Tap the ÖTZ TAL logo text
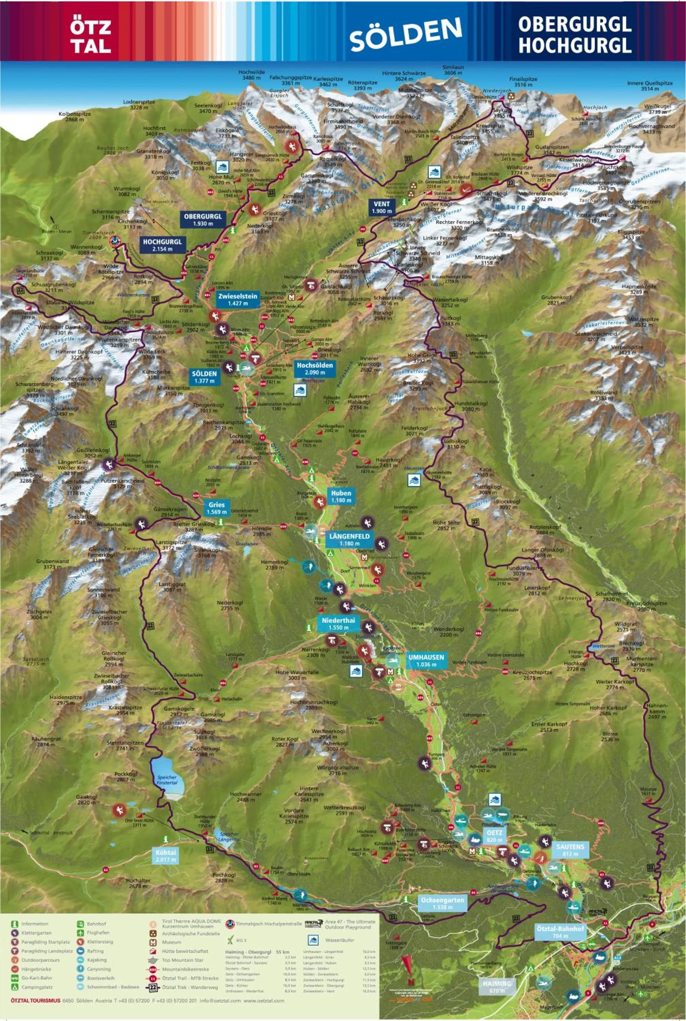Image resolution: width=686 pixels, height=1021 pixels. point(91,37)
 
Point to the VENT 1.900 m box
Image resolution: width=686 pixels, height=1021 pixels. point(381,207)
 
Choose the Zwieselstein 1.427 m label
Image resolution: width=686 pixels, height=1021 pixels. point(238,299)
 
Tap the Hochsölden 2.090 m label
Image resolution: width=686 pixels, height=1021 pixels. point(314,368)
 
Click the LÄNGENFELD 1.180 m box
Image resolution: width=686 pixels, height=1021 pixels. point(349,539)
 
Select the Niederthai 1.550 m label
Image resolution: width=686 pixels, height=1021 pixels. point(338,623)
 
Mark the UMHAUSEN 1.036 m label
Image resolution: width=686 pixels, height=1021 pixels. point(426,661)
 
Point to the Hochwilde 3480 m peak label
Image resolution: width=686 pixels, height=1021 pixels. point(251,75)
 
